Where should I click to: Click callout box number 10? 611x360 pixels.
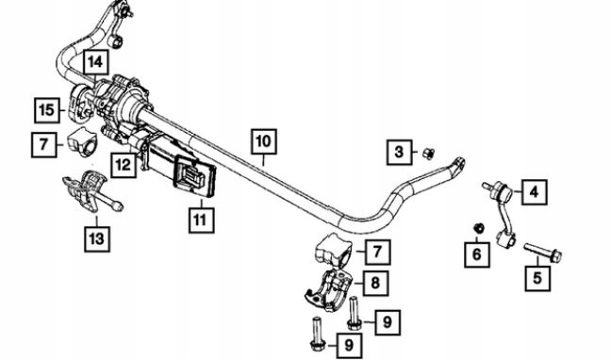click(264, 141)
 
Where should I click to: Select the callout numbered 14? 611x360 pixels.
click(95, 62)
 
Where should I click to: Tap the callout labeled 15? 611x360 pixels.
click(47, 110)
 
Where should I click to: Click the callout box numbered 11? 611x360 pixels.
click(201, 221)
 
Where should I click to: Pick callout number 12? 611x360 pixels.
click(124, 165)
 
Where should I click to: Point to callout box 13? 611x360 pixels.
click(97, 238)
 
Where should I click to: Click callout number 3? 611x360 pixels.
click(399, 152)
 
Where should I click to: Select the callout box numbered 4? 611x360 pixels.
click(535, 192)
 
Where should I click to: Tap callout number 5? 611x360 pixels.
click(537, 278)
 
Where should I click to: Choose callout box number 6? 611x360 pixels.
click(477, 254)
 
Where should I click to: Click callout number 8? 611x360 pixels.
click(375, 283)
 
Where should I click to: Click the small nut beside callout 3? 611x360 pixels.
click(428, 154)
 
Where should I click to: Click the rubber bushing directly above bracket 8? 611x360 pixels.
click(333, 251)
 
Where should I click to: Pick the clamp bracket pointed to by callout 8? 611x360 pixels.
click(329, 291)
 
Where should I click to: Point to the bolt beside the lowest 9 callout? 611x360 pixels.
click(317, 334)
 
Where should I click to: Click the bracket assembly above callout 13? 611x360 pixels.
click(93, 190)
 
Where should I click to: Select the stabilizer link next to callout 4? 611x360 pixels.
click(501, 214)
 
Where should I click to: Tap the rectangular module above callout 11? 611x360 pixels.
click(195, 177)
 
